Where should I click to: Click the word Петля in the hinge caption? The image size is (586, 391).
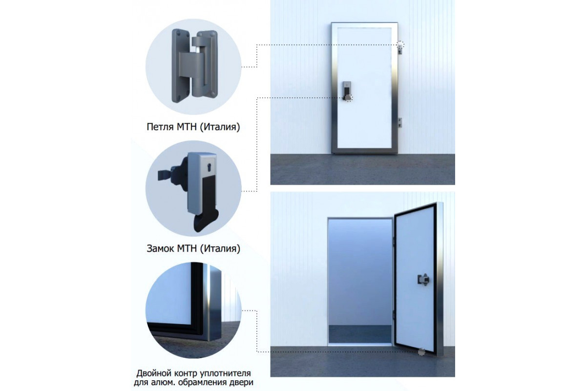(x=160, y=127)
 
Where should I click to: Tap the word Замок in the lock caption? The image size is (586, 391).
(x=161, y=249)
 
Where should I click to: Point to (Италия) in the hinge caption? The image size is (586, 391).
(x=220, y=127)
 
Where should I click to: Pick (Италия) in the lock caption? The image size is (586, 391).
(x=220, y=249)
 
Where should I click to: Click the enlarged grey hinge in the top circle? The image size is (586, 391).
(x=193, y=66)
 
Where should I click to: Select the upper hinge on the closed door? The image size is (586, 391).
(x=400, y=49)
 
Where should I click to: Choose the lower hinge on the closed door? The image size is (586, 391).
(x=400, y=123)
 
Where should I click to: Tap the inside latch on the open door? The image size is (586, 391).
(x=423, y=280)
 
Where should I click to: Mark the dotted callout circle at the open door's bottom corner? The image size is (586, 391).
(x=421, y=352)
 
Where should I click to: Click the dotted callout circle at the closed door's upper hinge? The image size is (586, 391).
(x=400, y=44)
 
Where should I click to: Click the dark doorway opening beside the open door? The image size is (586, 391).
(x=360, y=281)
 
